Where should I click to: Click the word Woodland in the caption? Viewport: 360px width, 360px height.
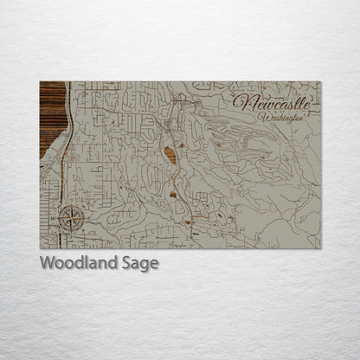coord(73,263)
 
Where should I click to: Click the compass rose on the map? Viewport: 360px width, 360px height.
coord(72,218)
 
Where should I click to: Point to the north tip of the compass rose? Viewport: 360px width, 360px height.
coord(72,206)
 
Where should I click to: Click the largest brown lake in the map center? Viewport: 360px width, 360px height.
coord(170,156)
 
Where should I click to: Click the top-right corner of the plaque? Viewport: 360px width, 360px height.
coord(319,82)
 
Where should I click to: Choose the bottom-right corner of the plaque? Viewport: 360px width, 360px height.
coord(319,248)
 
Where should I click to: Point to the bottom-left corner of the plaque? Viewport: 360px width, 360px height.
coord(40,248)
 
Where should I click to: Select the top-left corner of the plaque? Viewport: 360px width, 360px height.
coord(40,82)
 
